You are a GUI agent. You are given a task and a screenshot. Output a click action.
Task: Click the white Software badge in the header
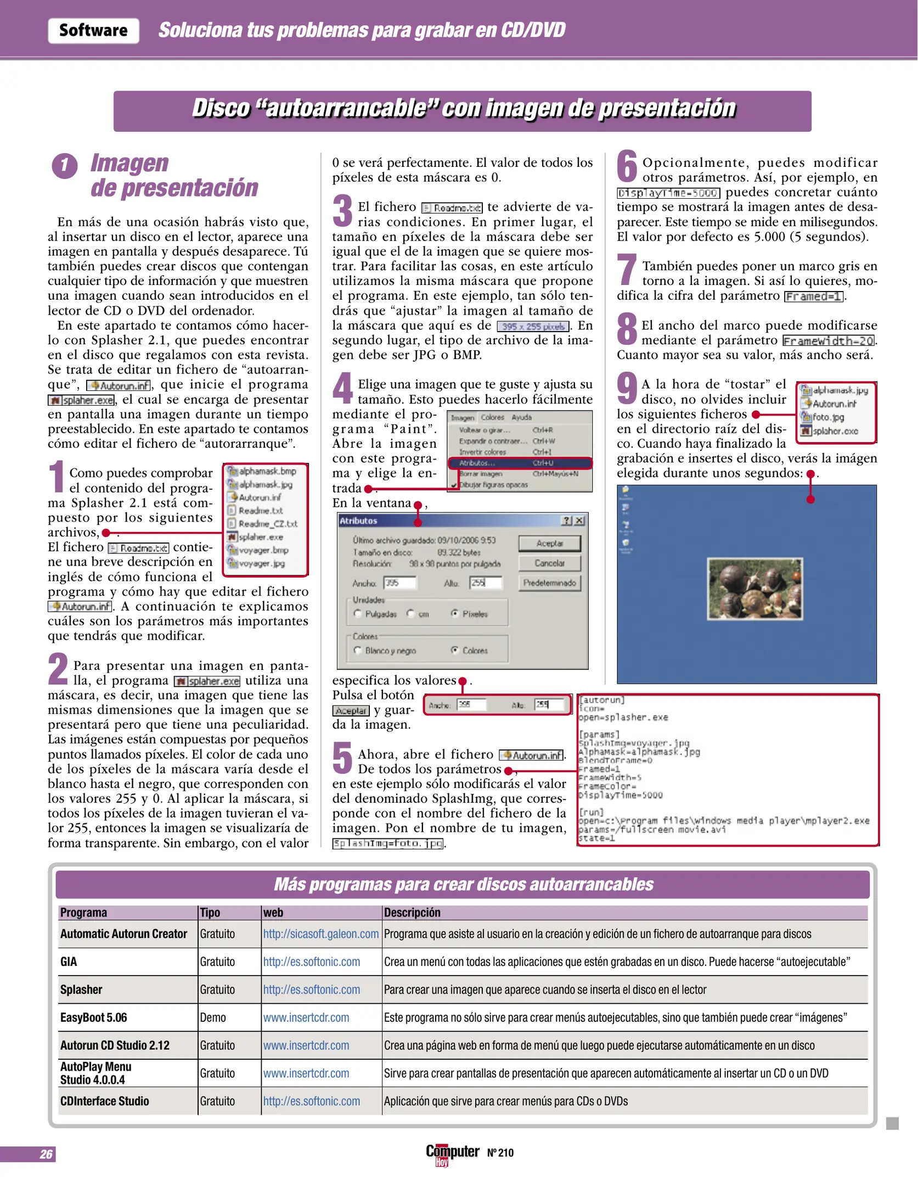(x=93, y=30)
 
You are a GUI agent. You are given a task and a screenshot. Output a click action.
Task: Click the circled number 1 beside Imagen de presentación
(x=64, y=166)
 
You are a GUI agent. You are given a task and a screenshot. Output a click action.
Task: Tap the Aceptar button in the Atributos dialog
(x=549, y=543)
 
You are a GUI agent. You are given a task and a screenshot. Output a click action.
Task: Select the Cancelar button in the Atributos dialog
(x=549, y=563)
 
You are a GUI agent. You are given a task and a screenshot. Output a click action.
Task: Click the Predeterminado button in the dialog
(x=549, y=583)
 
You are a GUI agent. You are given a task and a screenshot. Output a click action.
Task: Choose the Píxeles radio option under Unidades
(x=455, y=613)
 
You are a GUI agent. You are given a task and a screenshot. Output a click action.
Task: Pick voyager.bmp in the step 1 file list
(x=263, y=550)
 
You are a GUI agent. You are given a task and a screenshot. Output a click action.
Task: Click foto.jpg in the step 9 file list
(x=828, y=417)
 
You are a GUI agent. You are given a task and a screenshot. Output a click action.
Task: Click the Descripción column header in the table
(x=412, y=913)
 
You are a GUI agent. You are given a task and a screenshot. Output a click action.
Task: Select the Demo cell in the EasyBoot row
(x=213, y=1017)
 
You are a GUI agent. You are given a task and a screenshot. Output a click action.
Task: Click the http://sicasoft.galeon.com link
(x=321, y=934)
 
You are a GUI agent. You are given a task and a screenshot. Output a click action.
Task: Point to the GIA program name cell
(x=69, y=962)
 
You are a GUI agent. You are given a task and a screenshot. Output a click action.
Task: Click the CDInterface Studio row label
(x=105, y=1101)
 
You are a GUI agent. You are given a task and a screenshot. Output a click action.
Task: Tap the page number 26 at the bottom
(x=46, y=1154)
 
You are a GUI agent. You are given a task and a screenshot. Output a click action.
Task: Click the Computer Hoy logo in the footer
(x=452, y=1153)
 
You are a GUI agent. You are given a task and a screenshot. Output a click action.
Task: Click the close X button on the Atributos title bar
(x=579, y=521)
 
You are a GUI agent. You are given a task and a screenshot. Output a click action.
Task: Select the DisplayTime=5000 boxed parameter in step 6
(x=668, y=193)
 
